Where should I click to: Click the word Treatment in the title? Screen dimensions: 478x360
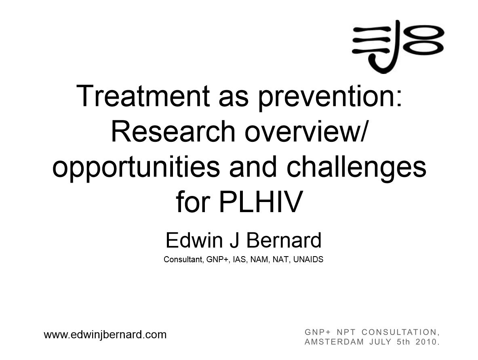tap(143, 96)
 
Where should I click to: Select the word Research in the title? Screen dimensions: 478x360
tap(173, 132)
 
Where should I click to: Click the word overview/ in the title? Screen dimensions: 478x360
tap(306, 132)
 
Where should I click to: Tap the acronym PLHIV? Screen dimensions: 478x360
tap(261, 202)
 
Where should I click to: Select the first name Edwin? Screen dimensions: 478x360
tap(194, 240)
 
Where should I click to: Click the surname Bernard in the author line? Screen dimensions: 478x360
tap(284, 240)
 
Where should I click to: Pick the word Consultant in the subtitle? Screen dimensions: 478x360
tap(183, 259)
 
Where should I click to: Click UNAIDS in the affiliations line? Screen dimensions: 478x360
tap(308, 259)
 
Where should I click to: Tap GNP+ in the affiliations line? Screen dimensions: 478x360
tap(217, 259)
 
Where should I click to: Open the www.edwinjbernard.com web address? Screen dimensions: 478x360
tap(105, 335)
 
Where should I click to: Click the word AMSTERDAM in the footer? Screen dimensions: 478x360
tap(334, 342)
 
